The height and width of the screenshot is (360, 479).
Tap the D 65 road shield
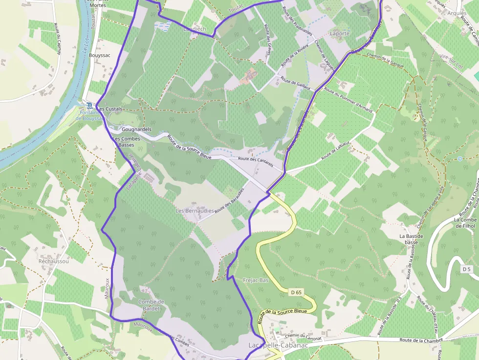[296, 292]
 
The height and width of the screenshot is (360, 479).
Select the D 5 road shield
[466, 269]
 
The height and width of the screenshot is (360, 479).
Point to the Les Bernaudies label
[195, 211]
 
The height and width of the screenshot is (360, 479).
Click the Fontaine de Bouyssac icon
[88, 105]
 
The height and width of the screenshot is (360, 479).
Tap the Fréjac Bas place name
[256, 280]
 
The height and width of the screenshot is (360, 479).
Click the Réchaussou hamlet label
[54, 261]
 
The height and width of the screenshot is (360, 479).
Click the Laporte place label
[340, 33]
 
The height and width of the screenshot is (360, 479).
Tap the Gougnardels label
[136, 129]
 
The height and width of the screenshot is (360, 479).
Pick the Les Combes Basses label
[127, 142]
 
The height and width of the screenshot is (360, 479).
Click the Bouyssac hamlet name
[100, 55]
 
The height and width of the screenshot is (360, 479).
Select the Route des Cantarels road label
[255, 159]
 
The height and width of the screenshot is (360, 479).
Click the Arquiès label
[457, 13]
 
